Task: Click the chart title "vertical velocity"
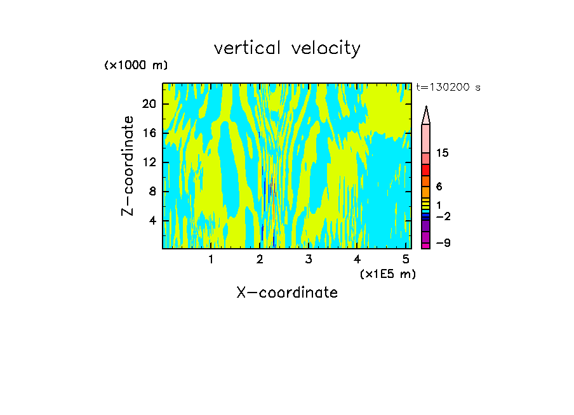click(x=287, y=48)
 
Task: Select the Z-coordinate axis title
click(x=128, y=166)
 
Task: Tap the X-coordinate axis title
click(x=287, y=293)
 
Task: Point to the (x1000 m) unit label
click(x=136, y=66)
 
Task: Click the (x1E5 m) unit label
click(x=387, y=273)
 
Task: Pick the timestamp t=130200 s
click(x=448, y=88)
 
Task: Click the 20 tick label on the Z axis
click(x=149, y=104)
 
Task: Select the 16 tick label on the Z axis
click(x=149, y=133)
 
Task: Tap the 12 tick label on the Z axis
click(x=149, y=162)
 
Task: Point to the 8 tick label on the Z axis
click(x=152, y=192)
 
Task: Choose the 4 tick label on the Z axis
click(x=152, y=221)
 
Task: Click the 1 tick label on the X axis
click(x=211, y=260)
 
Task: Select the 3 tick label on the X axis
click(x=308, y=260)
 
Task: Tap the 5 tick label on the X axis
click(x=406, y=260)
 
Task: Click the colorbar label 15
click(x=443, y=153)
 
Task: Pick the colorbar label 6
click(x=439, y=187)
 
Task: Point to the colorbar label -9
click(x=443, y=244)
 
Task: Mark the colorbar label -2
click(x=443, y=217)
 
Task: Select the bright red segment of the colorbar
click(x=426, y=170)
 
